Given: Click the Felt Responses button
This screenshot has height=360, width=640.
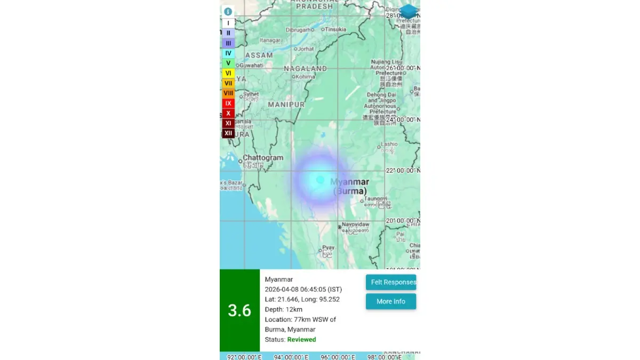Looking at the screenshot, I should [391, 282].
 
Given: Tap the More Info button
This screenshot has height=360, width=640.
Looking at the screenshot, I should [391, 301].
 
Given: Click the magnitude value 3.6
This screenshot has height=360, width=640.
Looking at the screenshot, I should [239, 310].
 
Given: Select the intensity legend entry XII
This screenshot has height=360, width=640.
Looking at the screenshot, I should [228, 133].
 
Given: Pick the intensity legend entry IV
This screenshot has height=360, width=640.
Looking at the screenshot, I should [228, 53].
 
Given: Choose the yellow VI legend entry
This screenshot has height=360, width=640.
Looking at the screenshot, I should [228, 73].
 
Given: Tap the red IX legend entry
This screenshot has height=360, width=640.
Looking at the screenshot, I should [228, 103].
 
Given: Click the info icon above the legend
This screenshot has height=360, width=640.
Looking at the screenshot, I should [228, 12].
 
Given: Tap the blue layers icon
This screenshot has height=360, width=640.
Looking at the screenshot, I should [409, 11].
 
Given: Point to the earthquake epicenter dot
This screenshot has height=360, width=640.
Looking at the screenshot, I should [320, 180].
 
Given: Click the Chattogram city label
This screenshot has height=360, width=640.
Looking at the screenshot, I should [263, 158].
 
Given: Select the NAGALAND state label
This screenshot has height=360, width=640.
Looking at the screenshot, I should [305, 69].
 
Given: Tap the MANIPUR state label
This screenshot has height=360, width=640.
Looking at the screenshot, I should [286, 105].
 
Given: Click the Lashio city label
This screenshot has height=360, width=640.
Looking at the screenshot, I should [389, 144].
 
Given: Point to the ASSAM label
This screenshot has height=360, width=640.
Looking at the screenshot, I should [259, 55].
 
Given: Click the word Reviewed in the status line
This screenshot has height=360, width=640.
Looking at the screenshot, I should [301, 340].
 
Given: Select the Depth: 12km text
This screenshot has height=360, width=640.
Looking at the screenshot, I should [284, 310].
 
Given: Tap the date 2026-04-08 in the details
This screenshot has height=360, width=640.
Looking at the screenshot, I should [283, 290].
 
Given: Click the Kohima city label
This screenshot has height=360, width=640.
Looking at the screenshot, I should [306, 77].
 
